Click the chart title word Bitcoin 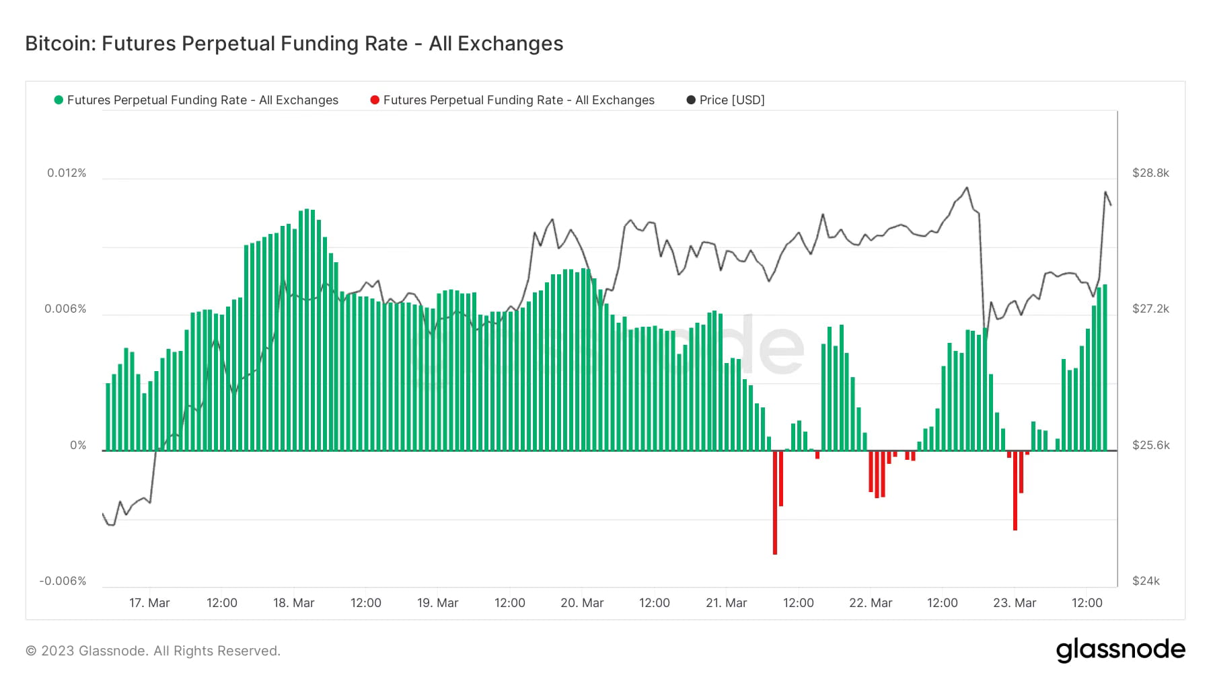(x=61, y=44)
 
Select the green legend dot (x=59, y=100)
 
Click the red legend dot (x=375, y=100)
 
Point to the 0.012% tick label (x=67, y=173)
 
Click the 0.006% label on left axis (x=65, y=309)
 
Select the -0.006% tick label (x=63, y=581)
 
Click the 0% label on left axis (x=78, y=445)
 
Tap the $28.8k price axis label (x=1150, y=173)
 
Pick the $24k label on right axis (x=1146, y=581)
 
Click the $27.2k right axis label (x=1150, y=309)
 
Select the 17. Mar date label (x=149, y=603)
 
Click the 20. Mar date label (x=582, y=603)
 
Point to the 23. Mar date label (x=1015, y=603)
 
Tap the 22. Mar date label (x=871, y=603)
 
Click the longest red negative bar (x=775, y=504)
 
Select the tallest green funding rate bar (x=307, y=329)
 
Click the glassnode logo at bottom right (x=1120, y=650)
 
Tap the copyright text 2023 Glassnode (x=153, y=651)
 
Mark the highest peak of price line (x=967, y=188)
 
